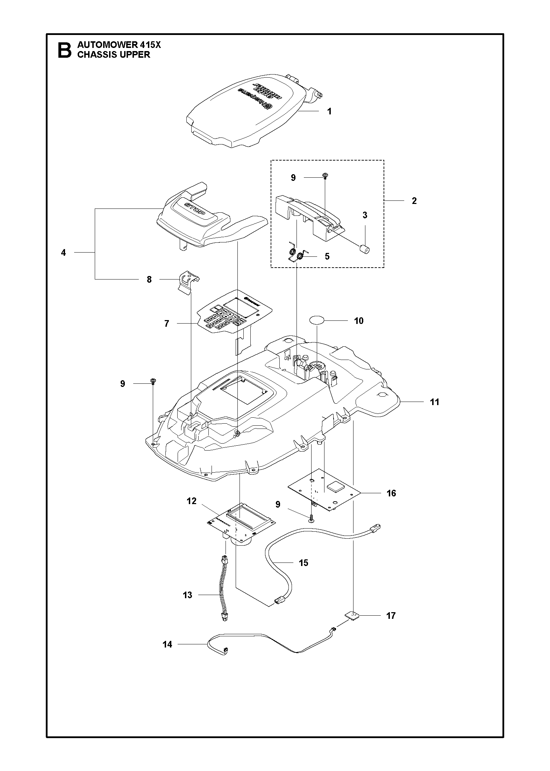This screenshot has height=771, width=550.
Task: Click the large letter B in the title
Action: click(65, 50)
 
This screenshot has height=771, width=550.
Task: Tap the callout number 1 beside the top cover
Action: click(329, 111)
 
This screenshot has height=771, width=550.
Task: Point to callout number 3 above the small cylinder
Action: click(365, 215)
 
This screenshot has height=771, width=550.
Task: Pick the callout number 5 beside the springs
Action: click(327, 256)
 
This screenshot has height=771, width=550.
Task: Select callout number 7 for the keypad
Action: click(167, 324)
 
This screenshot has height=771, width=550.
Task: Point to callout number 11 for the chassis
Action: click(434, 402)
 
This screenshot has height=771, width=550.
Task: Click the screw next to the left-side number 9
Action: click(153, 381)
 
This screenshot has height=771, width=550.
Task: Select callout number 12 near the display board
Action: click(192, 501)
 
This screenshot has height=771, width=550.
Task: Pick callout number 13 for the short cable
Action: click(187, 595)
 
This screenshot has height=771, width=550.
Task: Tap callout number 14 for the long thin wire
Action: click(167, 644)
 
